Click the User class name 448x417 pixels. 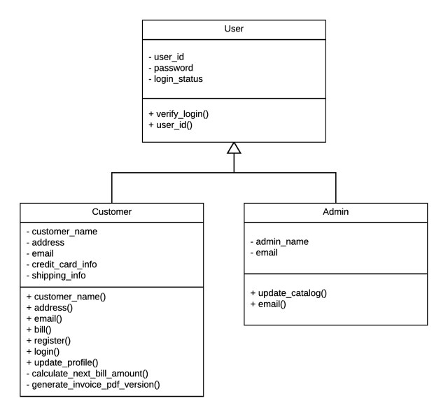click(x=234, y=29)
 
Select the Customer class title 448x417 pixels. click(x=112, y=211)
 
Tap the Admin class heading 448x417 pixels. click(x=336, y=211)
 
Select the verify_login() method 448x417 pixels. click(x=180, y=113)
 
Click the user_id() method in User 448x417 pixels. click(x=173, y=125)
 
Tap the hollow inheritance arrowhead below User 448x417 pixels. click(x=234, y=148)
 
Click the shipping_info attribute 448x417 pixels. click(x=59, y=275)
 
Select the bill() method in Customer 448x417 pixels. click(x=43, y=330)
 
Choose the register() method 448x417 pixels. click(x=50, y=341)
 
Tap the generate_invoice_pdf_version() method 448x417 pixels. click(x=96, y=386)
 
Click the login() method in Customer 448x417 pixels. click(x=45, y=352)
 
